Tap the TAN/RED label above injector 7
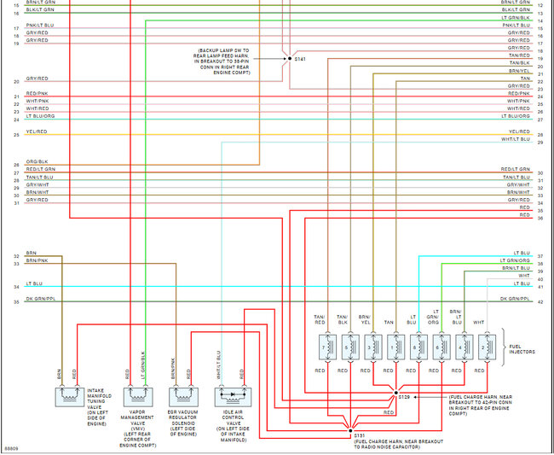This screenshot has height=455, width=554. pyautogui.click(x=320, y=320)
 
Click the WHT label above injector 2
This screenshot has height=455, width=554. pyautogui.click(x=479, y=322)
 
